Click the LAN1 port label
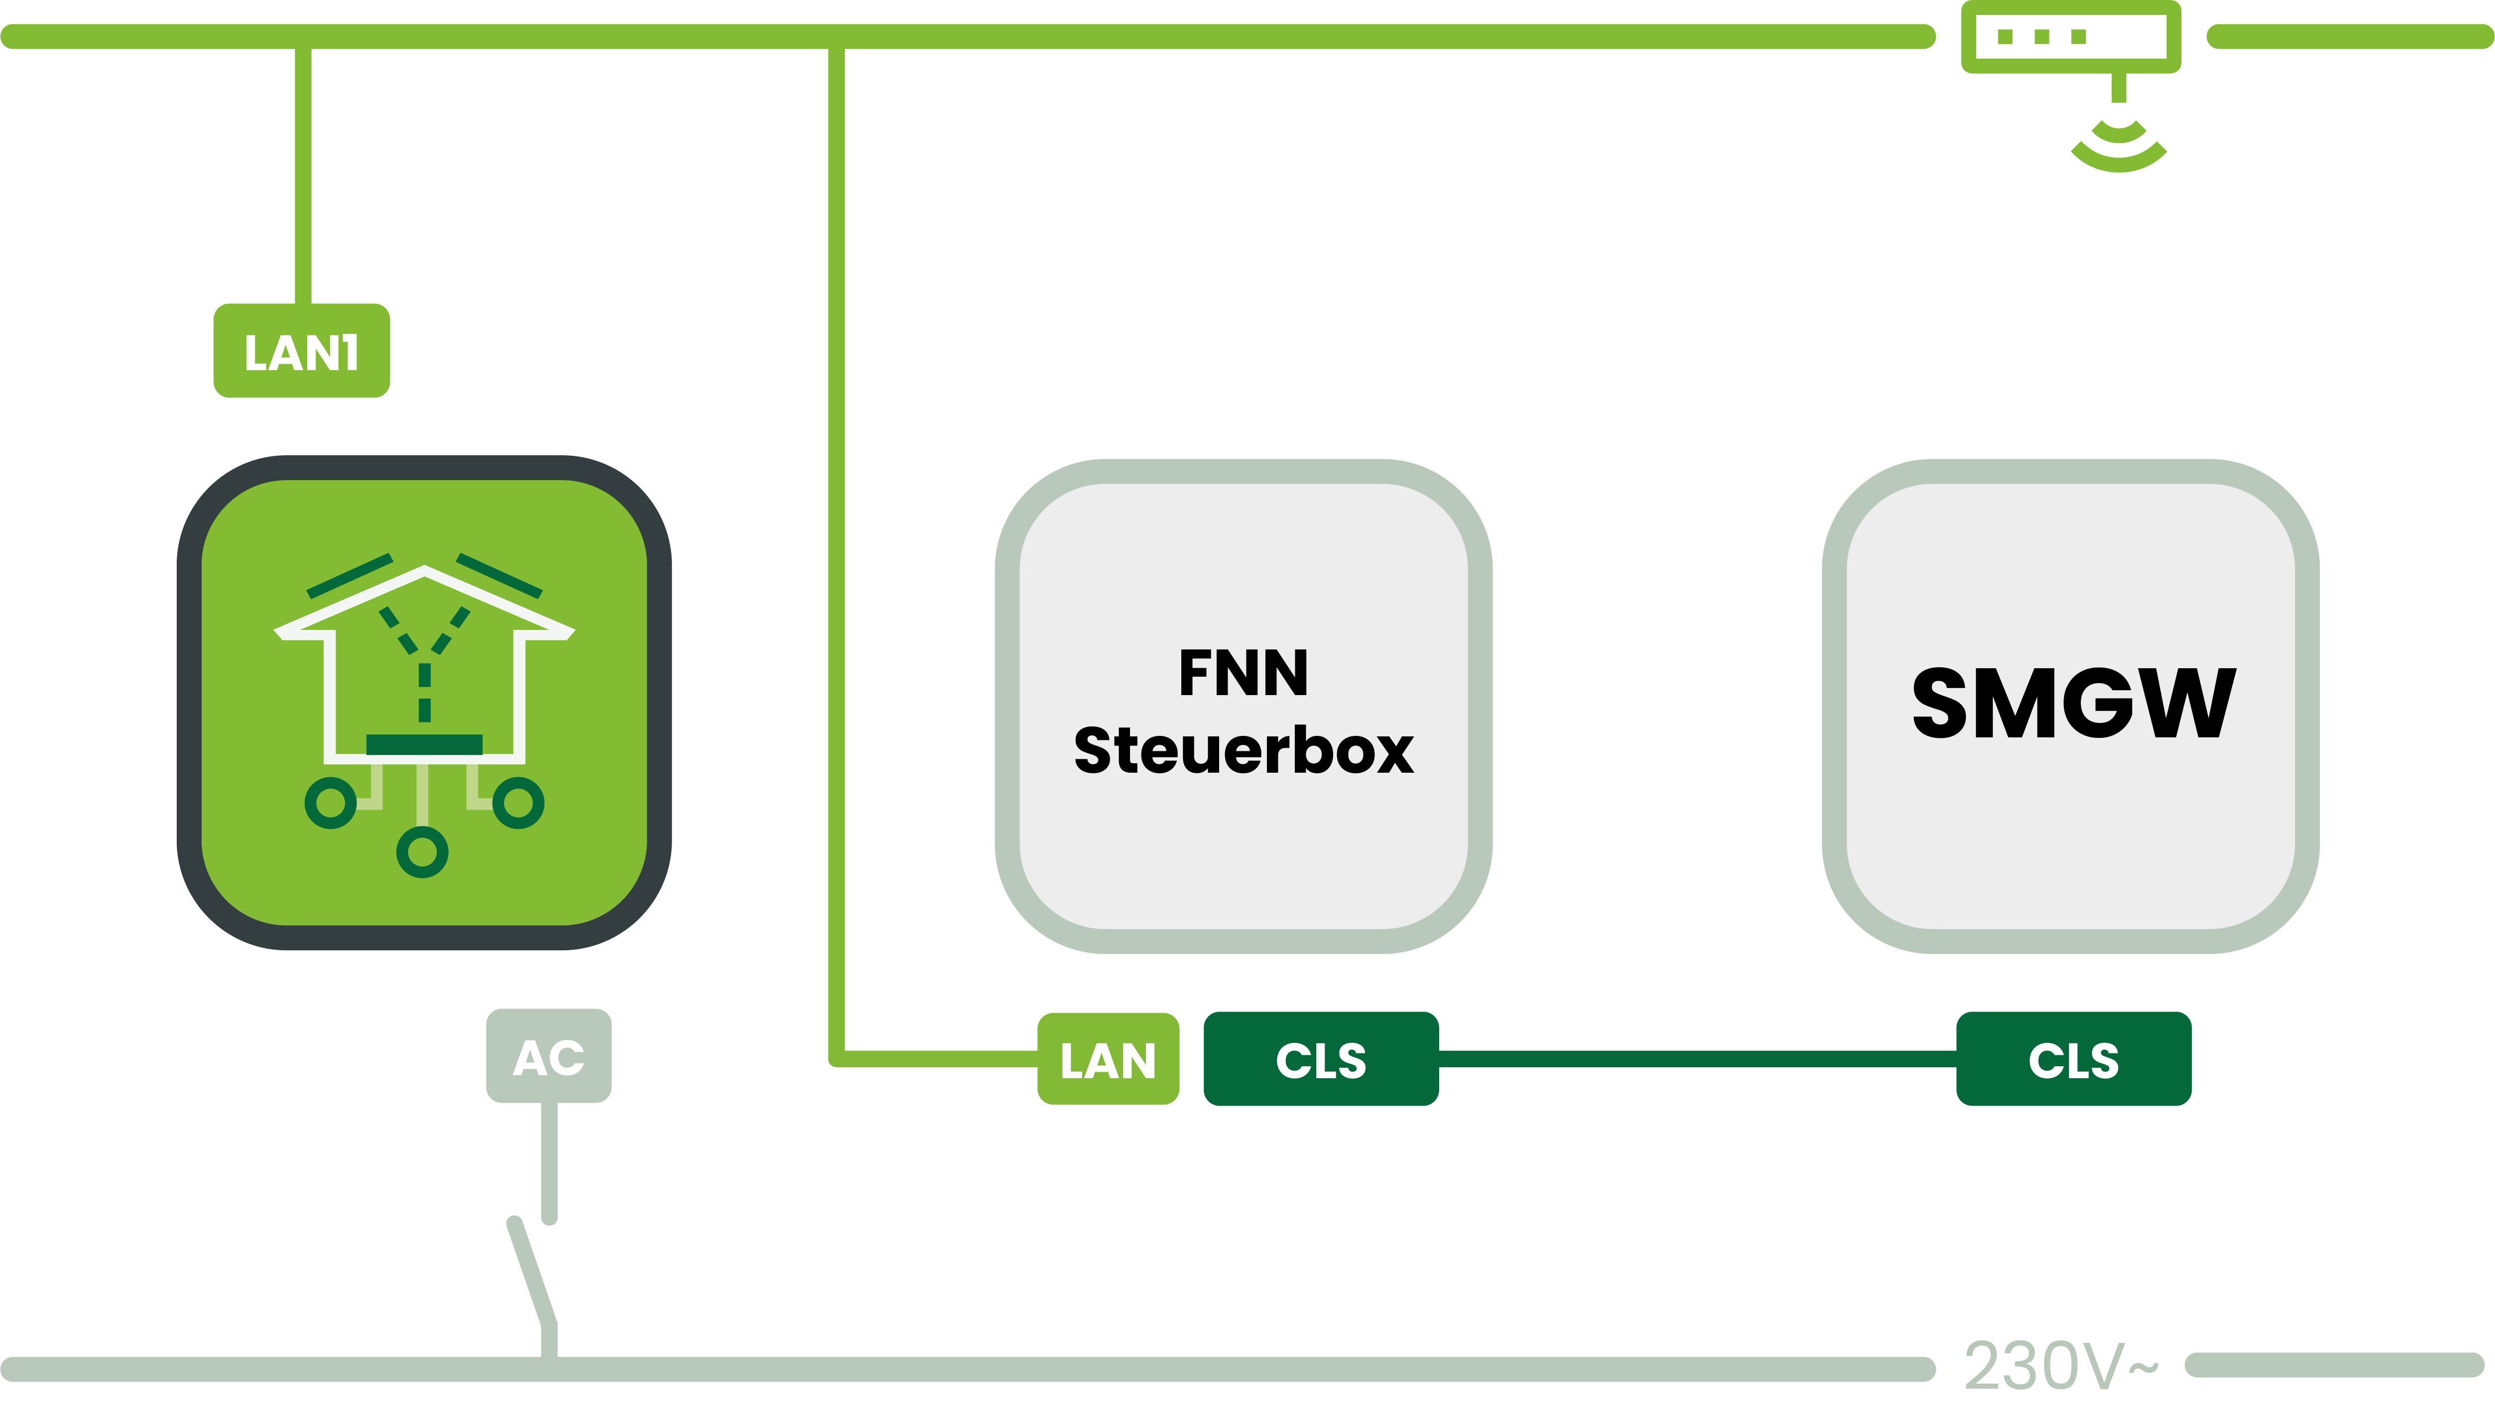[302, 351]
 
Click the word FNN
[1243, 672]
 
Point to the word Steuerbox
[1243, 751]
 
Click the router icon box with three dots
[2070, 37]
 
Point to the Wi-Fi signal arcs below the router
[2119, 147]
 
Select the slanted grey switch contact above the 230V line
[532, 1272]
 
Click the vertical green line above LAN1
[304, 177]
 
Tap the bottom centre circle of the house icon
[423, 852]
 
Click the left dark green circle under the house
[331, 803]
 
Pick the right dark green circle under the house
[519, 803]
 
